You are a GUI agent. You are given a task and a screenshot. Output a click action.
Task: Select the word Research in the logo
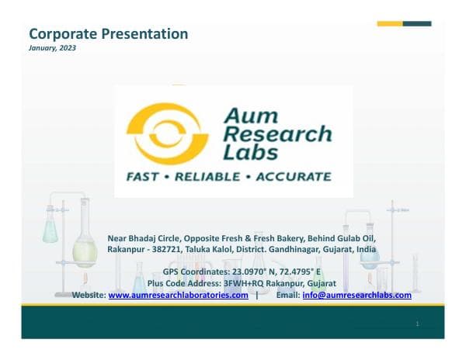pos(277,134)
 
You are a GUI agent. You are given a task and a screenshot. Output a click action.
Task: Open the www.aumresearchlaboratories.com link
pos(178,296)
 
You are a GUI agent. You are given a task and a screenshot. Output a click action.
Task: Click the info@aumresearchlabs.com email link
pos(356,296)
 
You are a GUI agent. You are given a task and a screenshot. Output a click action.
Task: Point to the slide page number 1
pos(417,324)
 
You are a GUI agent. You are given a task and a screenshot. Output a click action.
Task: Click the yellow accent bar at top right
pos(390,23)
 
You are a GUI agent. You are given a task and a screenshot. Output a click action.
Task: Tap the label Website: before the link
pos(89,296)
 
